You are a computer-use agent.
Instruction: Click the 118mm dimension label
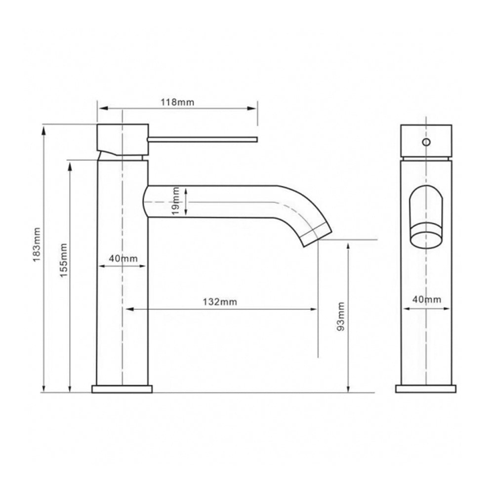(x=177, y=102)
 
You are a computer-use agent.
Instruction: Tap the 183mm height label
(x=37, y=244)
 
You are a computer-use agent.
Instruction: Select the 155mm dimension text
(x=64, y=260)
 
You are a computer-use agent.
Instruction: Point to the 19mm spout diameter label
(x=176, y=201)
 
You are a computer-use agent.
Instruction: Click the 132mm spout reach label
(x=220, y=302)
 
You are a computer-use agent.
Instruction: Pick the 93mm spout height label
(x=341, y=316)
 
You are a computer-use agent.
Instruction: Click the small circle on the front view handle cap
(x=426, y=142)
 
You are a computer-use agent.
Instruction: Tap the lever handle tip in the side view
(x=256, y=140)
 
